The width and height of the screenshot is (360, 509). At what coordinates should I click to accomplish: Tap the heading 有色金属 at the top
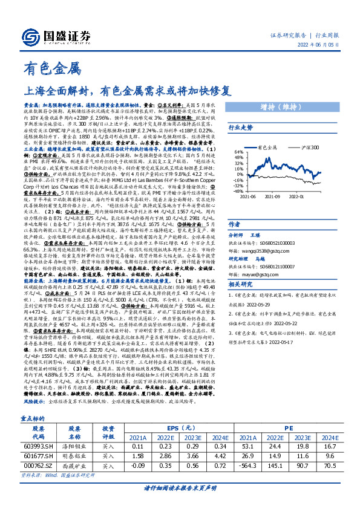point(43,68)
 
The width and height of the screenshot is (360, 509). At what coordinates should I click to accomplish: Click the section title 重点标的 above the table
point(36,418)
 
